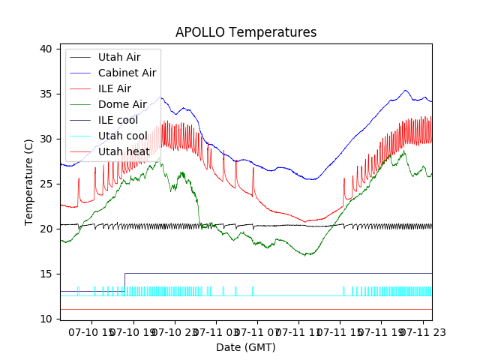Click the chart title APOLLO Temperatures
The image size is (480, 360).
246,32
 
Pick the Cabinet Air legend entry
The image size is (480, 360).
127,73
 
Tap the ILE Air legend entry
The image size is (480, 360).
114,88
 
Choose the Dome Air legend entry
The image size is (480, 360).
122,104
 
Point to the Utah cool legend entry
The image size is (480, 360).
123,136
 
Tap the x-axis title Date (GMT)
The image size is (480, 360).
246,347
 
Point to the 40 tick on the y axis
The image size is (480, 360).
46,49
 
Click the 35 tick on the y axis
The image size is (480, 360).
46,94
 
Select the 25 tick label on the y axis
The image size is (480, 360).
46,184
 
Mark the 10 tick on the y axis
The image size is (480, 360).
46,319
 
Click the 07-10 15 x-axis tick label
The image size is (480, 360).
91,331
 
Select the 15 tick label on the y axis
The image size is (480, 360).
46,274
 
